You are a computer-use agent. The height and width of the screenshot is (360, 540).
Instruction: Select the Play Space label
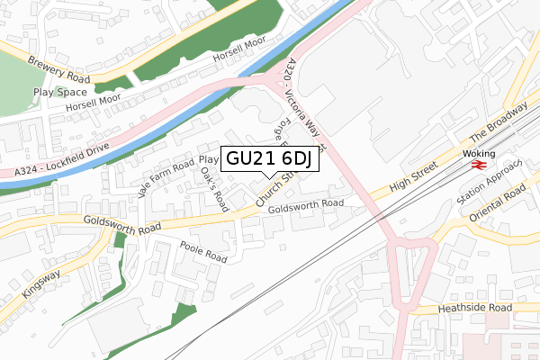(x=60, y=92)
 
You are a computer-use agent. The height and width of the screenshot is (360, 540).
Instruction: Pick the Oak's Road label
(x=215, y=187)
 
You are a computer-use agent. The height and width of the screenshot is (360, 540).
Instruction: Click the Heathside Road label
(x=474, y=309)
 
